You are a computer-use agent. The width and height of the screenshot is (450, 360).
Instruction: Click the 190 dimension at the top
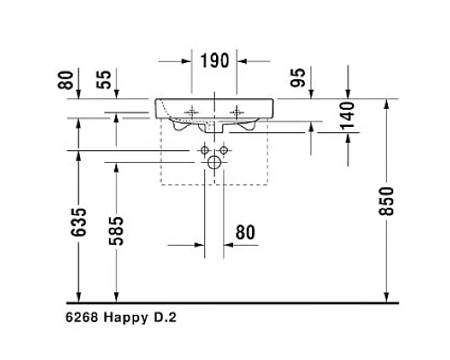[215, 61]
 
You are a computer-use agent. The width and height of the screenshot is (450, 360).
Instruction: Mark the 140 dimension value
[349, 116]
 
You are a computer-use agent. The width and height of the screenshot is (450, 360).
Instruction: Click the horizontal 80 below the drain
[245, 232]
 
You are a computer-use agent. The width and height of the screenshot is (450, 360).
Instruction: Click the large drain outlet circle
[214, 162]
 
